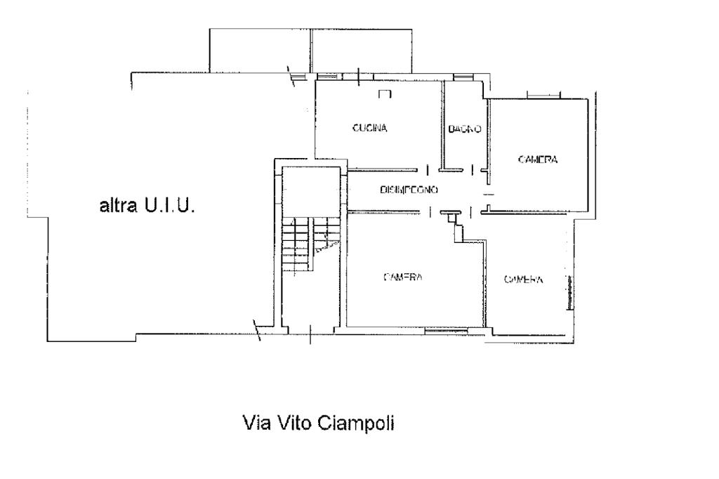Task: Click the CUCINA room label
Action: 369,128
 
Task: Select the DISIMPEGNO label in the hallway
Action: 409,190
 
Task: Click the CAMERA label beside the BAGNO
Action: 537,159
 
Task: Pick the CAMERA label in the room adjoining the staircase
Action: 402,277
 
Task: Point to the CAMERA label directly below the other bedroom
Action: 523,279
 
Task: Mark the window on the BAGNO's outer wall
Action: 463,77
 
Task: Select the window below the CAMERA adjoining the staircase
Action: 449,329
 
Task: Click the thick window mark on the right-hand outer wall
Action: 570,292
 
